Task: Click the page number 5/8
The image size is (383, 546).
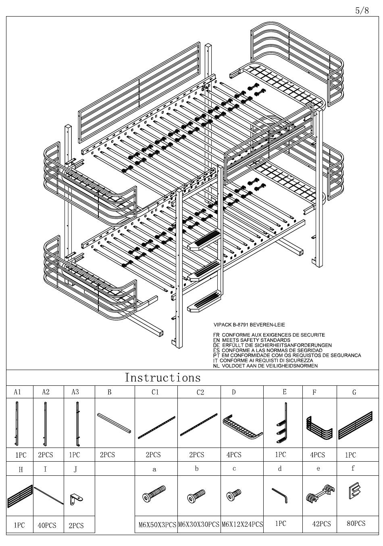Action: [362, 11]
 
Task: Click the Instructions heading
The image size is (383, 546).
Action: [162, 378]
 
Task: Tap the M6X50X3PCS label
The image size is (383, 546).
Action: [157, 525]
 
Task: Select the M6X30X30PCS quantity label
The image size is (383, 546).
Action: [199, 524]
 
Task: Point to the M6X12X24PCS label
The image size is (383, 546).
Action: [242, 524]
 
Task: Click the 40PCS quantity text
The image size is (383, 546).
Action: [47, 525]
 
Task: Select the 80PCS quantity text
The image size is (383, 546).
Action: [356, 523]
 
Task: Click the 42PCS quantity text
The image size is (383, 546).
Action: [321, 524]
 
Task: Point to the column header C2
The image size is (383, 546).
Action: [200, 392]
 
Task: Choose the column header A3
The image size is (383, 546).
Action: [75, 392]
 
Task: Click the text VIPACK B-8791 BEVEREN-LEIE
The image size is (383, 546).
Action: [249, 325]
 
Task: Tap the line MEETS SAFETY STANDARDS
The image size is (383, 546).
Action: [256, 340]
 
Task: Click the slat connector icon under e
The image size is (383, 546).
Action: [321, 494]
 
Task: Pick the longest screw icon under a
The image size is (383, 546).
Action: [154, 494]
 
